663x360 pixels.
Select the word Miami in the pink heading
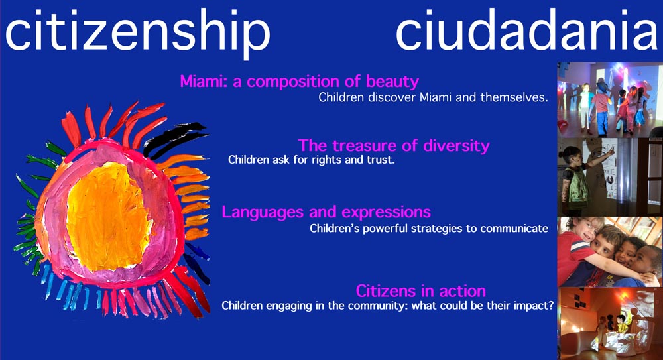204,81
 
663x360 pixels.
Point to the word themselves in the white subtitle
514,97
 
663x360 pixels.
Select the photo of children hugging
610,252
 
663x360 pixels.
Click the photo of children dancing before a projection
610,100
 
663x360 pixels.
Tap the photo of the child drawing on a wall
610,177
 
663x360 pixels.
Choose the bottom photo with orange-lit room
610,324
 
